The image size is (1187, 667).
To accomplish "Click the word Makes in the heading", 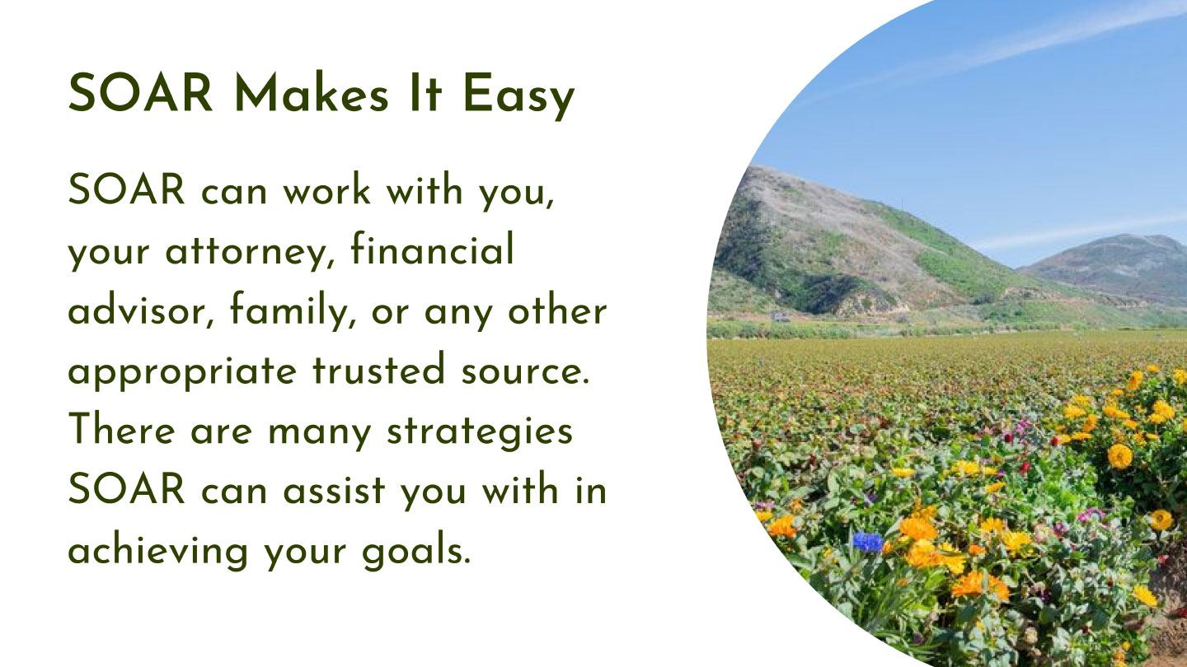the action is (x=312, y=93).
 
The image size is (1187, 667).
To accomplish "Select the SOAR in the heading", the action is (x=140, y=92).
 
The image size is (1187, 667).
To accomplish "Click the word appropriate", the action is (x=182, y=372).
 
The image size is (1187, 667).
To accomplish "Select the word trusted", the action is (x=378, y=368).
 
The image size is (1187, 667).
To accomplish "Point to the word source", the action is (x=525, y=372).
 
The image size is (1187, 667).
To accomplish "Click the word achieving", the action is (x=158, y=550).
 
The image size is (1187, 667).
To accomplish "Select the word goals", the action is (x=416, y=550).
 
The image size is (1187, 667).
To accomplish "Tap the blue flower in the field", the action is (x=868, y=542).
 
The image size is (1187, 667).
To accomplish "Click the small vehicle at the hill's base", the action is (x=780, y=316).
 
